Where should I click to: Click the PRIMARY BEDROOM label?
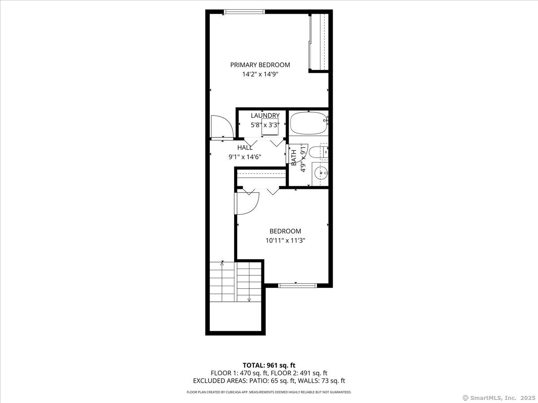coord(260,65)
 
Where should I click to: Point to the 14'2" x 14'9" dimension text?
coord(260,75)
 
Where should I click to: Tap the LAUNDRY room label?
coord(265,116)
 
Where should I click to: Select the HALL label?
coord(245,147)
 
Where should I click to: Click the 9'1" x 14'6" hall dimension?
coord(245,157)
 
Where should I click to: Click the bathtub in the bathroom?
coord(308,123)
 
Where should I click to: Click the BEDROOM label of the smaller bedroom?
coord(285,232)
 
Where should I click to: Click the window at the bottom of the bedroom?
coord(297,285)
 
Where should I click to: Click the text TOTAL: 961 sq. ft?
coord(269,365)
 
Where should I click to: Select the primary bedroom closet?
coord(319,42)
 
